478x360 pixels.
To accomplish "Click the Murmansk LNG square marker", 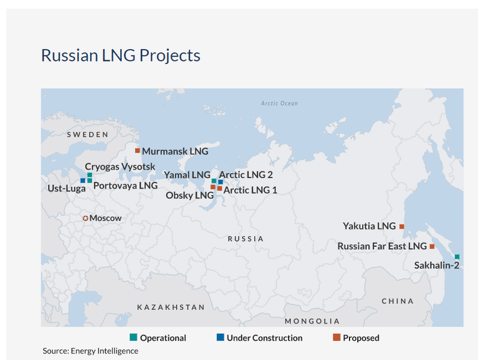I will [137, 150].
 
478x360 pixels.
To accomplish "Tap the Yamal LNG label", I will [187, 175].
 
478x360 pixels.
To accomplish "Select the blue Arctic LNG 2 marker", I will [220, 182].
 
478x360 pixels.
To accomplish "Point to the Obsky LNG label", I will [189, 195].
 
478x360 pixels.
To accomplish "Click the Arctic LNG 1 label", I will [250, 190].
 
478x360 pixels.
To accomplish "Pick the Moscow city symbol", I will [85, 219].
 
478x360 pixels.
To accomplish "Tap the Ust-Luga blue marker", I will [83, 180].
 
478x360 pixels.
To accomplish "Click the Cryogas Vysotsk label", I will [120, 166].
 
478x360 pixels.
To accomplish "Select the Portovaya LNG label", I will [125, 186].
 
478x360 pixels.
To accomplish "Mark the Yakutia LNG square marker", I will [402, 226].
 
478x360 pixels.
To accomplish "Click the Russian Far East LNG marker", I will [432, 247].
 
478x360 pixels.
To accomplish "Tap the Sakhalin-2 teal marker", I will [457, 257].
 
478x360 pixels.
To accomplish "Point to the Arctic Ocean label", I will [279, 103].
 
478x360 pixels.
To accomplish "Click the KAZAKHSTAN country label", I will [171, 307].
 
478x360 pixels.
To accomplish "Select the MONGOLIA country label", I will [312, 321].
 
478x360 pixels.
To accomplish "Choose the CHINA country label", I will [397, 301].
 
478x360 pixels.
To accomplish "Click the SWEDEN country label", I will [87, 134].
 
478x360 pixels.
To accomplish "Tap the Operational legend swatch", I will [134, 338].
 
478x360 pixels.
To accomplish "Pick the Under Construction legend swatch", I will [220, 338].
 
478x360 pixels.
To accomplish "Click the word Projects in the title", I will [170, 56].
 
